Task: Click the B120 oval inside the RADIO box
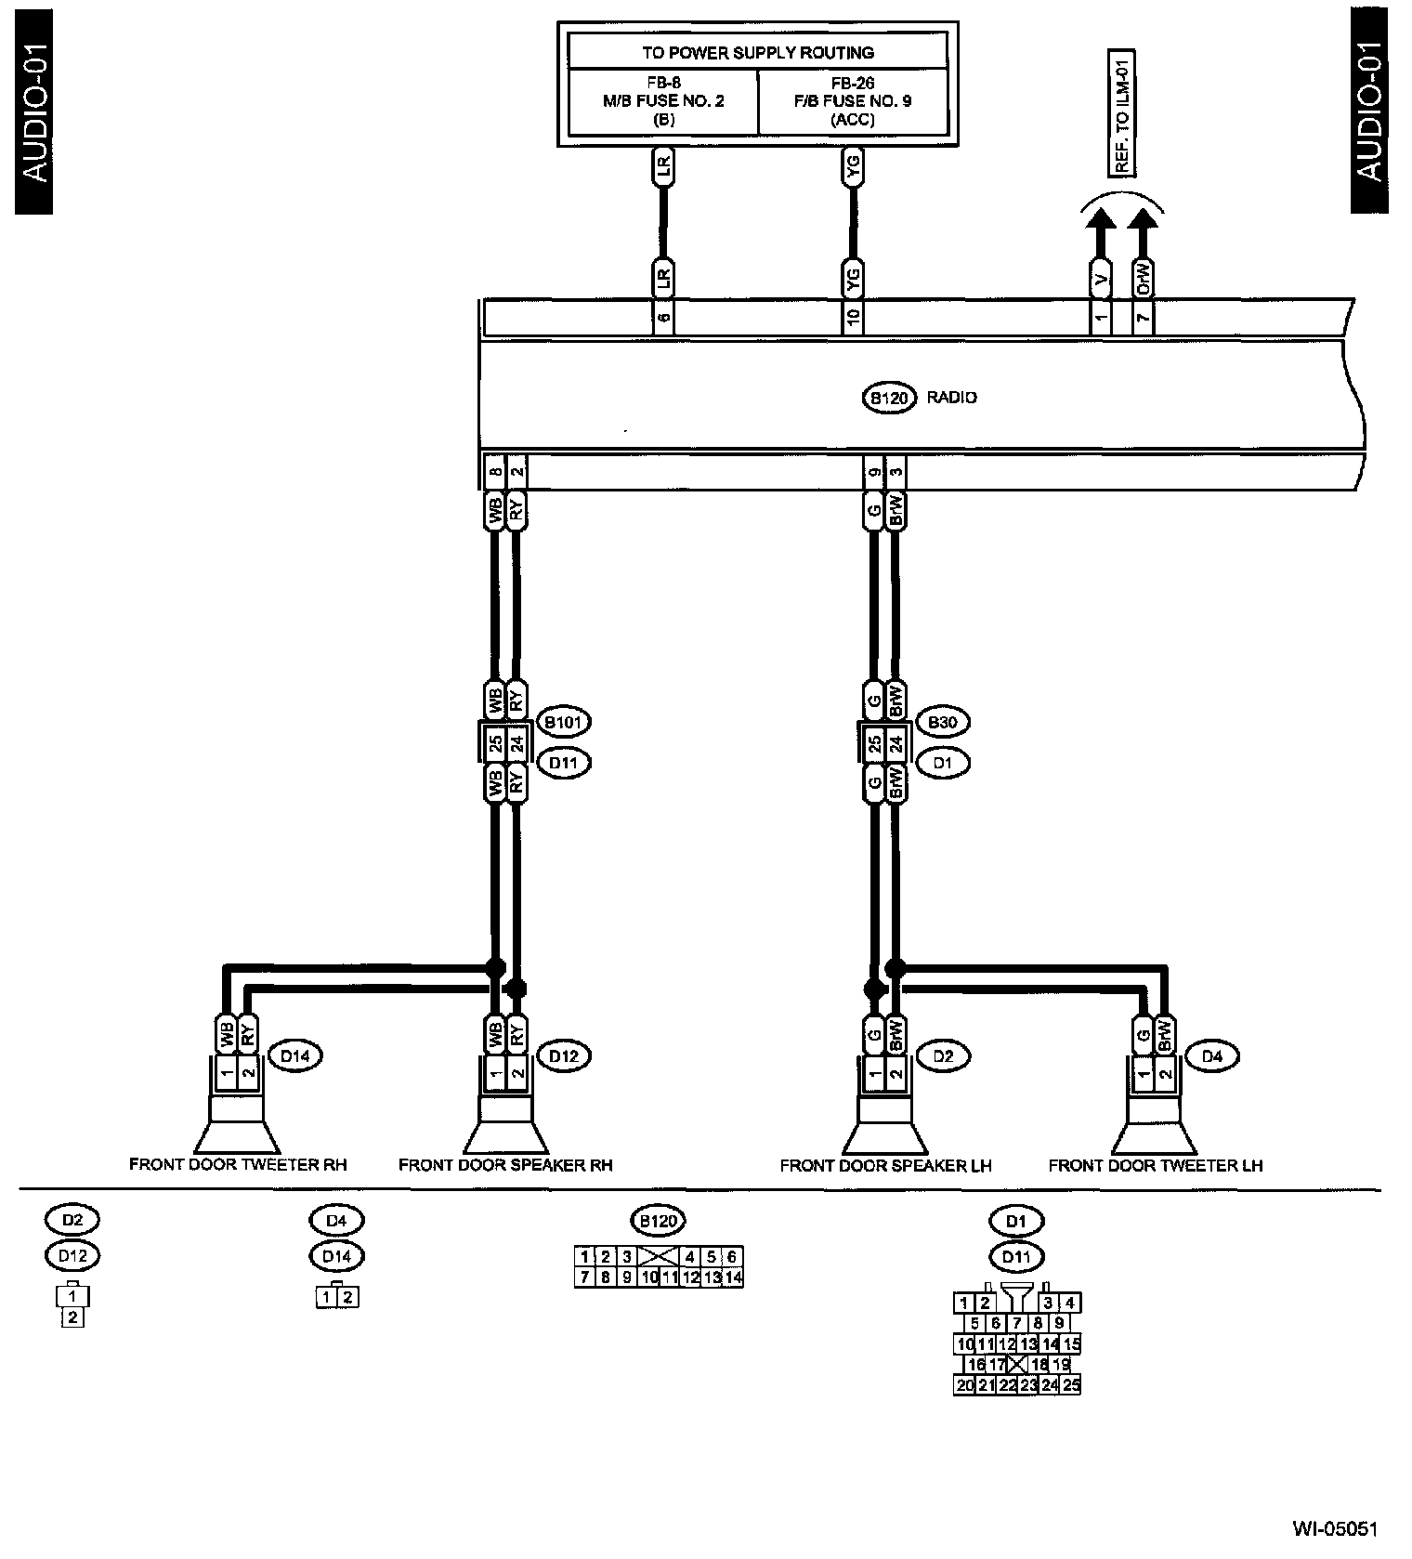pos(890,398)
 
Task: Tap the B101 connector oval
pos(565,722)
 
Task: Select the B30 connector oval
pos(942,722)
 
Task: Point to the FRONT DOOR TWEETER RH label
pos(238,1164)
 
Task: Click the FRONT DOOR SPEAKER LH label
pos(885,1165)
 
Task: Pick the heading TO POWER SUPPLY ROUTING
pos(757,53)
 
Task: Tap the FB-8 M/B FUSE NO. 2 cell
pos(663,100)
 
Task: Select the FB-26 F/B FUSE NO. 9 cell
pos(853,100)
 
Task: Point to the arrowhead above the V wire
pos(1100,220)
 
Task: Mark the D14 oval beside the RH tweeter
pos(294,1056)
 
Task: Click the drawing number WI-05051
pos(1335,1528)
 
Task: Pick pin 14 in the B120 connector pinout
pos(733,1277)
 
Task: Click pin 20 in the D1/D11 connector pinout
pos(964,1385)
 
